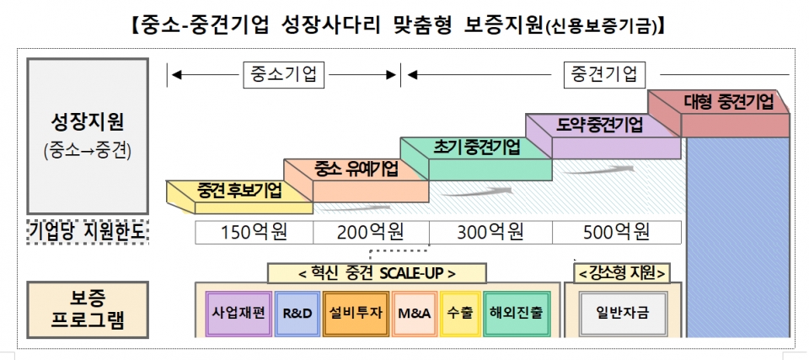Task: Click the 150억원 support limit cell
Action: (x=254, y=232)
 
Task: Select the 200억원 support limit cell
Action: (x=371, y=232)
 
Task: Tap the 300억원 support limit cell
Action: (x=490, y=232)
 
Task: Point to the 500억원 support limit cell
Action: (x=617, y=232)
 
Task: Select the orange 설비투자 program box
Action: (x=353, y=312)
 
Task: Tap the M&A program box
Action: (x=413, y=312)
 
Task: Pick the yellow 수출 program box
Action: (x=461, y=312)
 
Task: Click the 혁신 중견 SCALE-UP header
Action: (x=377, y=273)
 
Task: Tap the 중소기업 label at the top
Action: (x=283, y=74)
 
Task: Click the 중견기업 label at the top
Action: (x=604, y=74)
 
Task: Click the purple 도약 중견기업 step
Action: (x=600, y=125)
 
